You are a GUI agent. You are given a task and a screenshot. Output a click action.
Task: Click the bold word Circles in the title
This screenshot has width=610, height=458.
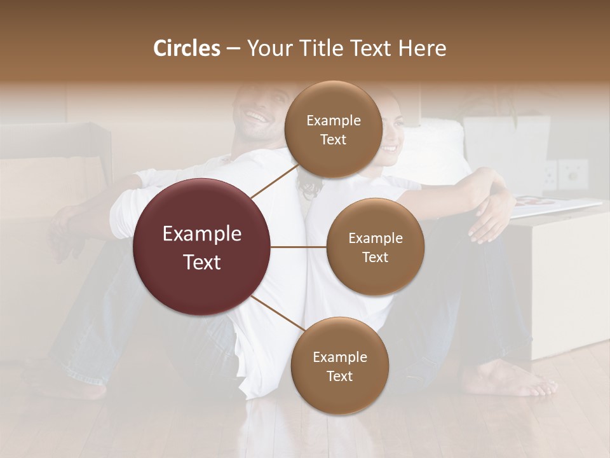186,48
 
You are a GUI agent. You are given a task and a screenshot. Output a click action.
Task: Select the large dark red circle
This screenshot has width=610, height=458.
202,247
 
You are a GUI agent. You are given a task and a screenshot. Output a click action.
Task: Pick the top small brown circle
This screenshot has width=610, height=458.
333,129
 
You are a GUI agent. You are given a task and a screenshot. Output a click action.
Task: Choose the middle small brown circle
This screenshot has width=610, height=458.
375,247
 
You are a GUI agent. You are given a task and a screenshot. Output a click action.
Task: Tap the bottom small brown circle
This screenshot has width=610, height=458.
339,366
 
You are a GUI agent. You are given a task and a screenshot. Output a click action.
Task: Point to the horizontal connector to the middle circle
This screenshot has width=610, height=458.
299,247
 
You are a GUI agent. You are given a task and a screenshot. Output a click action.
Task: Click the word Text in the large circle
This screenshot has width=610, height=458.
202,262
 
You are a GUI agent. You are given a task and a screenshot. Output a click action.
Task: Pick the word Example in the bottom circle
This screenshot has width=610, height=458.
339,357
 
